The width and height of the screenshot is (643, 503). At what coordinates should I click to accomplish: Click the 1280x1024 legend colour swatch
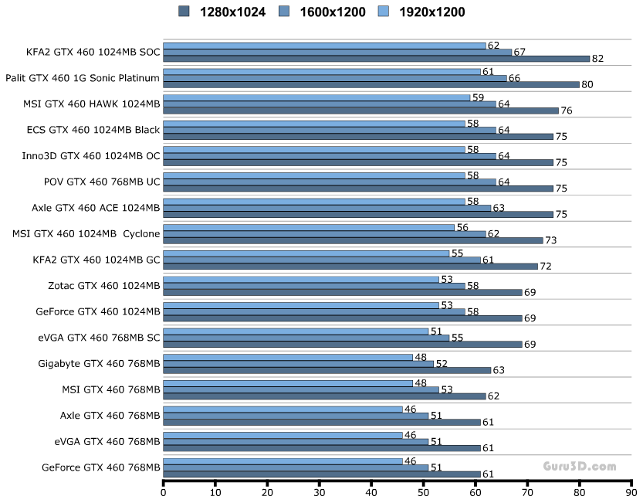pyautogui.click(x=184, y=12)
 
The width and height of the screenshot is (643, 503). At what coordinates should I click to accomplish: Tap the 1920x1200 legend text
pyautogui.click(x=431, y=12)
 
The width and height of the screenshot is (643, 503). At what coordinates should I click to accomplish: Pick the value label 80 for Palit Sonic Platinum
pyautogui.click(x=587, y=85)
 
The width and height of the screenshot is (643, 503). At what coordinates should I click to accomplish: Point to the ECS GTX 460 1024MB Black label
pyautogui.click(x=93, y=130)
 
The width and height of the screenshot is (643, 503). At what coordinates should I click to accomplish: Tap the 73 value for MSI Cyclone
pyautogui.click(x=550, y=240)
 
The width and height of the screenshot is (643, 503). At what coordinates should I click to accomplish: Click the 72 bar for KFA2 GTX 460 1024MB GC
pyautogui.click(x=350, y=267)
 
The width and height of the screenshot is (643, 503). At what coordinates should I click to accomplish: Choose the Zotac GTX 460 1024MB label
pyautogui.click(x=103, y=286)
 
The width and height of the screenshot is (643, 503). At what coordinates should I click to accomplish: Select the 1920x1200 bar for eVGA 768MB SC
pyautogui.click(x=296, y=331)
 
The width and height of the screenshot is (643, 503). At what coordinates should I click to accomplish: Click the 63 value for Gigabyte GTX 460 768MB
pyautogui.click(x=499, y=370)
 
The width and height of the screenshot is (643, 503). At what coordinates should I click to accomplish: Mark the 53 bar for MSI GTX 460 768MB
pyautogui.click(x=301, y=389)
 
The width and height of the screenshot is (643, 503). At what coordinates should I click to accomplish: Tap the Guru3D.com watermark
pyautogui.click(x=578, y=466)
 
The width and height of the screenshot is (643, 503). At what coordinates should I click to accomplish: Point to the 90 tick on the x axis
pyautogui.click(x=631, y=491)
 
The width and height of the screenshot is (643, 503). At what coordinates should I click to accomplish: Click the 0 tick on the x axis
pyautogui.click(x=164, y=491)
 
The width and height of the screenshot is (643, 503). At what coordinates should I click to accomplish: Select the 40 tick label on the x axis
pyautogui.click(x=371, y=491)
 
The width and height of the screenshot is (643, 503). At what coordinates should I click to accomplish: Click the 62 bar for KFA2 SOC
pyautogui.click(x=324, y=46)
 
